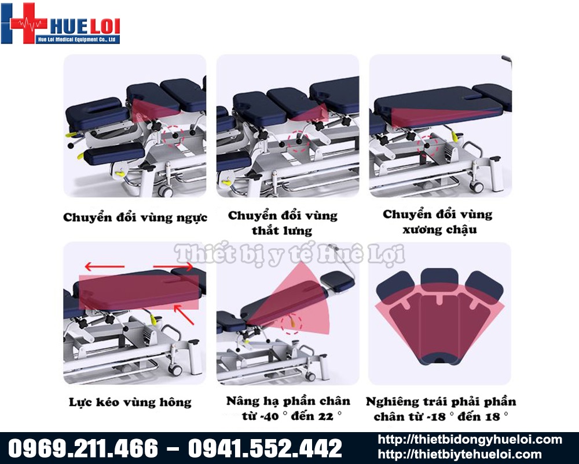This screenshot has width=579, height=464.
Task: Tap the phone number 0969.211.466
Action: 83,448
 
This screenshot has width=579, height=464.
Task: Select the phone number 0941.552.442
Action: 265,448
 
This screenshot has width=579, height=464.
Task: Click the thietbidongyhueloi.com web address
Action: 470,440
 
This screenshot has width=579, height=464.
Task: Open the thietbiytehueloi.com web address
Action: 459,454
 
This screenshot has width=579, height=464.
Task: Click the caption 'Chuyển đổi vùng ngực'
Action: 135,217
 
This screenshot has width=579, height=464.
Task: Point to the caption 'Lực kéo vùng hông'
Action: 130,402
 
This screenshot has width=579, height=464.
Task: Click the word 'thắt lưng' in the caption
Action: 282,231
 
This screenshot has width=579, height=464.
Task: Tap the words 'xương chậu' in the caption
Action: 439,230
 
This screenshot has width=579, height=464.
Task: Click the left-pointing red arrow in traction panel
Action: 104,266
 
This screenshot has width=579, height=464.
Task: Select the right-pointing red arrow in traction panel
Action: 173,266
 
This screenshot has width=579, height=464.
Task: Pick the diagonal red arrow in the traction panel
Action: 184,314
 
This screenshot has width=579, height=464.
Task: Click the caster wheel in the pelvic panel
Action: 477,186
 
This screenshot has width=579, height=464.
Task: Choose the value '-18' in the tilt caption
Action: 436,417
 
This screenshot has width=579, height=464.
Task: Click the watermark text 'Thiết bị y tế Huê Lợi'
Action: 290,255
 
